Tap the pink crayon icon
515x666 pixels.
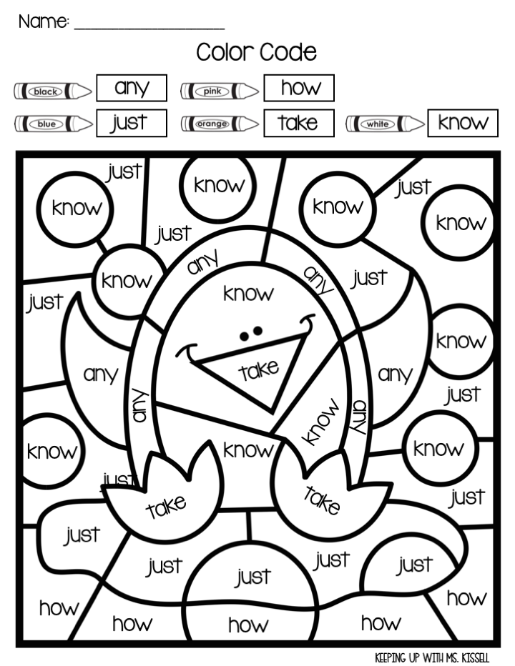coord(220,91)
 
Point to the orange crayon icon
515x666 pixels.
coord(220,124)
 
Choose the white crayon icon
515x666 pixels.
coord(384,124)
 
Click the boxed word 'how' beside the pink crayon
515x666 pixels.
coord(298,89)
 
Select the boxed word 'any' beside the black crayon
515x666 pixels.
coord(132,89)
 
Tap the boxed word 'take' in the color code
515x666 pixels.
coord(298,123)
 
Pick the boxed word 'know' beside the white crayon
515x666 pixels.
coord(462,122)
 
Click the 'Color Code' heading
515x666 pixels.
coord(256,52)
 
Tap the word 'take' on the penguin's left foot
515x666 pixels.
coord(166,507)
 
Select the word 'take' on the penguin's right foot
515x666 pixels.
coord(322,499)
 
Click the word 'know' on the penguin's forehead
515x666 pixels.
coord(248,293)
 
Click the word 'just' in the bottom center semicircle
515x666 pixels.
coord(253,576)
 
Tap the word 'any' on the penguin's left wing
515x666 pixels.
coord(101,373)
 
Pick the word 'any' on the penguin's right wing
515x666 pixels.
coord(395,373)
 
